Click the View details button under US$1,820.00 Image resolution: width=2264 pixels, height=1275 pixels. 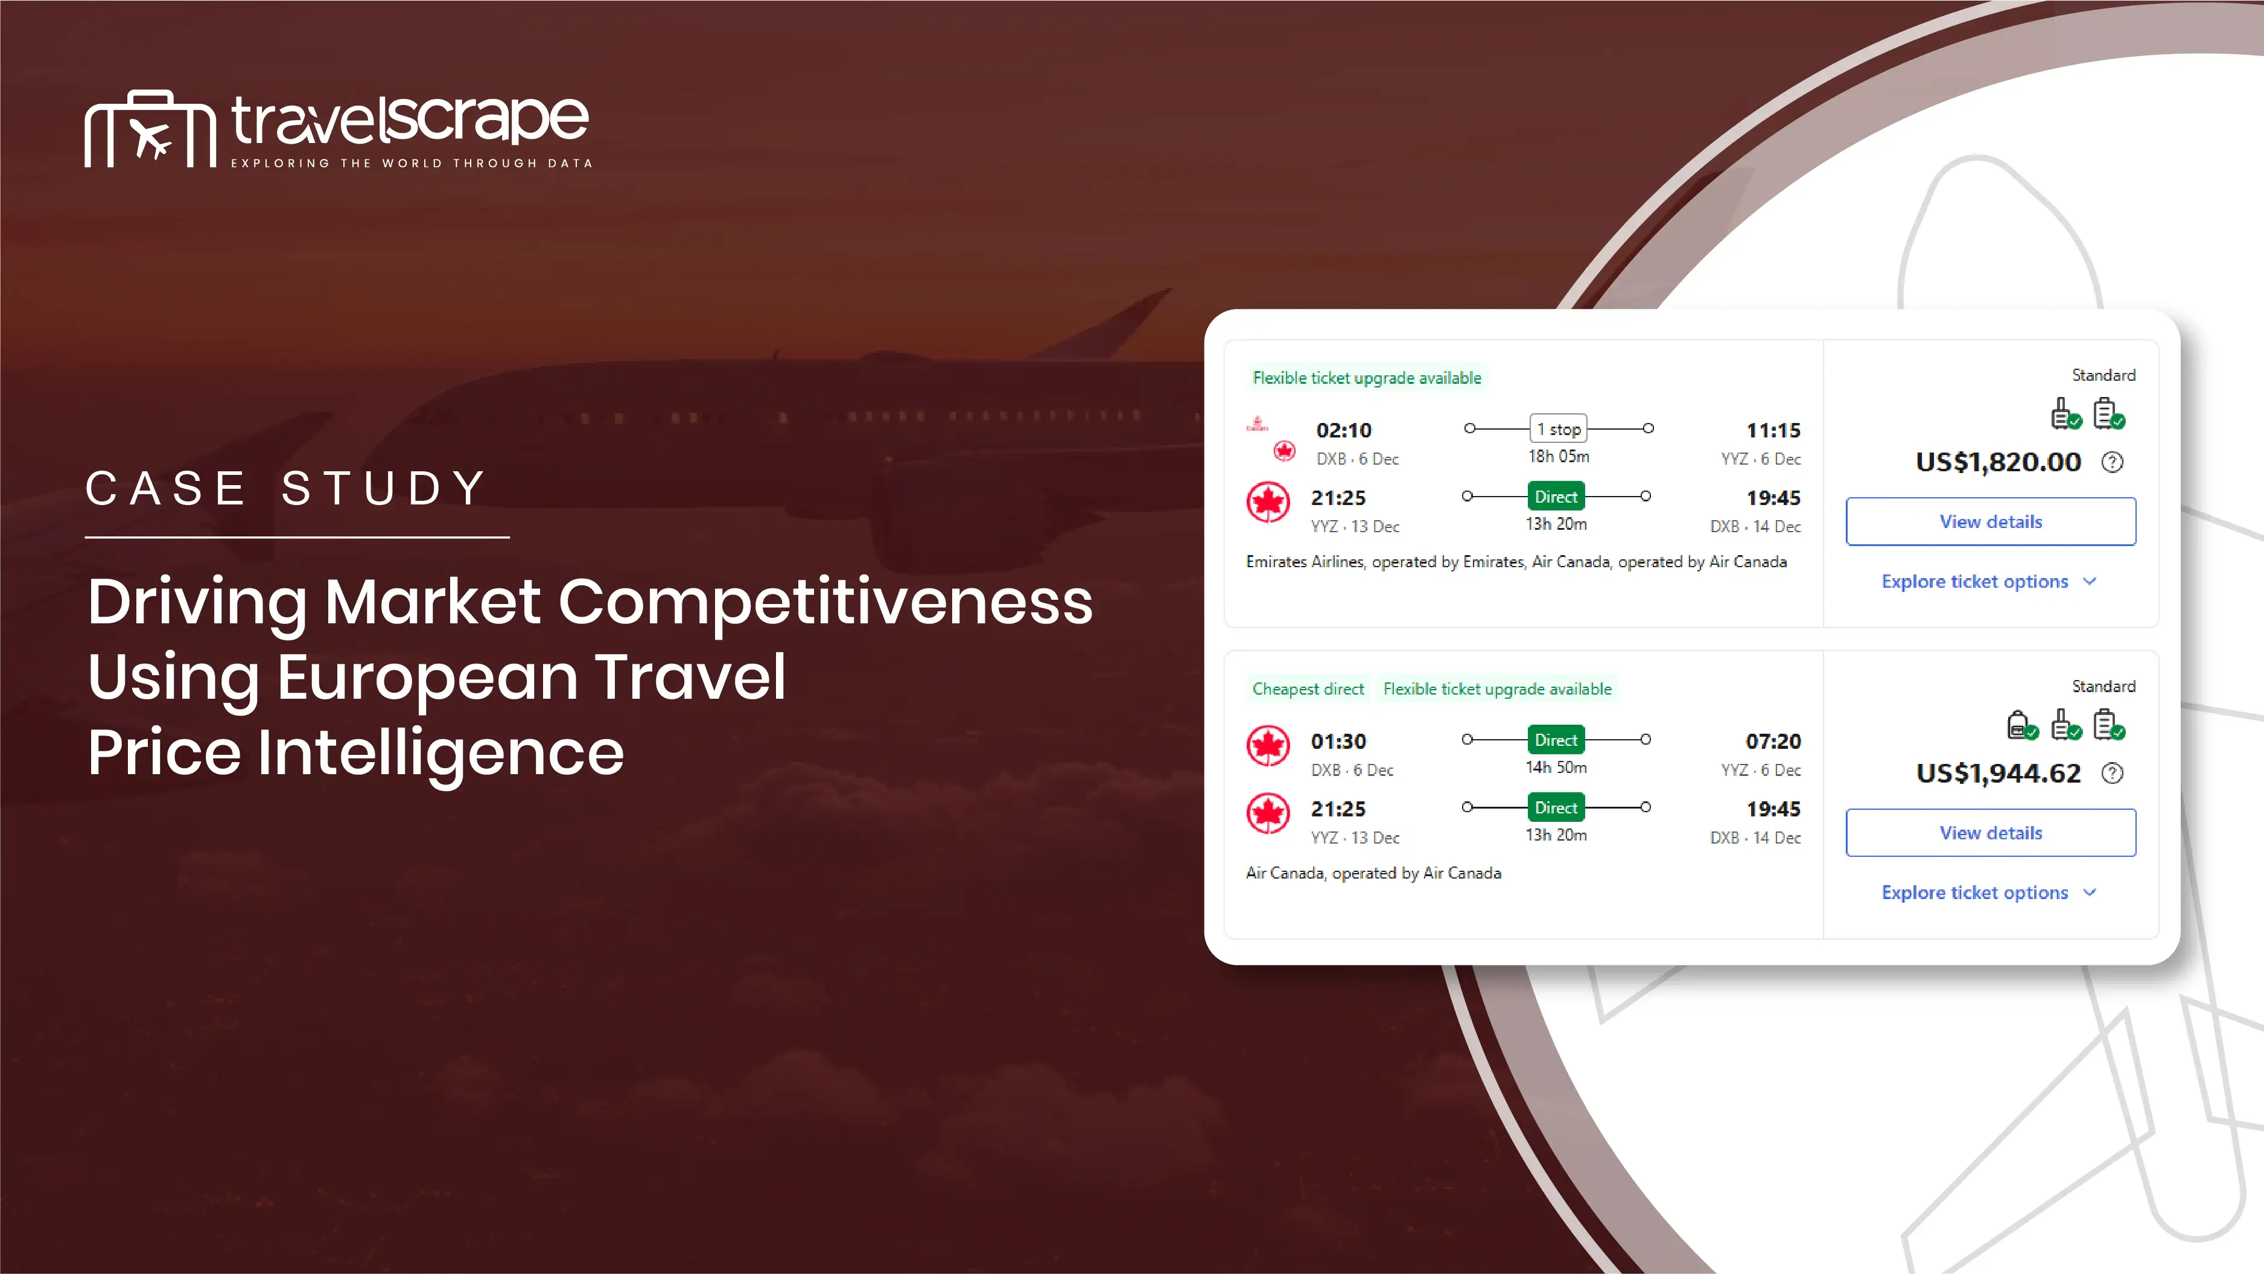tap(1991, 521)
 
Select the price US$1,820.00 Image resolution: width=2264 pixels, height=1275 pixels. tap(1998, 462)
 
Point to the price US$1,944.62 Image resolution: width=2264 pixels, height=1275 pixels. tap(1998, 773)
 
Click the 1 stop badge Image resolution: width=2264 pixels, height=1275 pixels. tap(1558, 429)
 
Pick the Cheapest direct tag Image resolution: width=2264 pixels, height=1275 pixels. tap(1308, 689)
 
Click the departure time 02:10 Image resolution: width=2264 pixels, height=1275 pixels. tap(1343, 431)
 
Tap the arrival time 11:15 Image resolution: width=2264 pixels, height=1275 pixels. tap(1773, 431)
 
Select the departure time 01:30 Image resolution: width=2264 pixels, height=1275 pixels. tap(1338, 742)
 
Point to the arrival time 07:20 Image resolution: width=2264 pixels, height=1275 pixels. tap(1773, 742)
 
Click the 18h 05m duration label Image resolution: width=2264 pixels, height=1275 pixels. tap(1558, 456)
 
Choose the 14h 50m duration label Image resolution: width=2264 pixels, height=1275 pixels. tap(1556, 767)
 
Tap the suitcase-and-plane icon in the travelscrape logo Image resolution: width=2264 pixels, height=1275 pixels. tap(150, 129)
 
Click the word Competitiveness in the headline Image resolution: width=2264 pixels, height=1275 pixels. tap(825, 602)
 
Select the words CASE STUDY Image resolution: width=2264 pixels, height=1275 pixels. tap(287, 489)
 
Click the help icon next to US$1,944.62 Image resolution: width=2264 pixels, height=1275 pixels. tap(2112, 773)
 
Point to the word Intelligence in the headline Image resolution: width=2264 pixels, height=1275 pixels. tap(440, 753)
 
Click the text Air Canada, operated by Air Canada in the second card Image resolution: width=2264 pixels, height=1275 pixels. tap(1373, 873)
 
